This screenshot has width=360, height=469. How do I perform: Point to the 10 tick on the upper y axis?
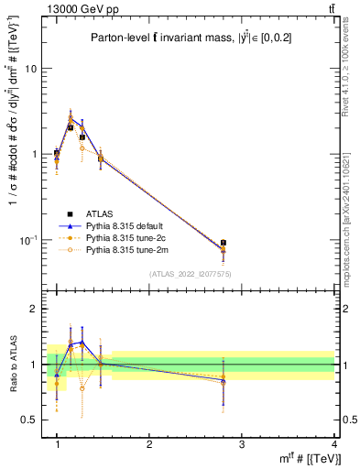pyautogui.click(x=31, y=69)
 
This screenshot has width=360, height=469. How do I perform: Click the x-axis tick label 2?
pyautogui.click(x=149, y=444)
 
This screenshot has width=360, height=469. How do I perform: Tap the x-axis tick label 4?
pyautogui.click(x=334, y=444)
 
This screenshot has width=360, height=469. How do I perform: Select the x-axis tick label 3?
pyautogui.click(x=242, y=444)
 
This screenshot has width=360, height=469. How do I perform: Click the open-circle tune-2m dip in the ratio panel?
pyautogui.click(x=82, y=387)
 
